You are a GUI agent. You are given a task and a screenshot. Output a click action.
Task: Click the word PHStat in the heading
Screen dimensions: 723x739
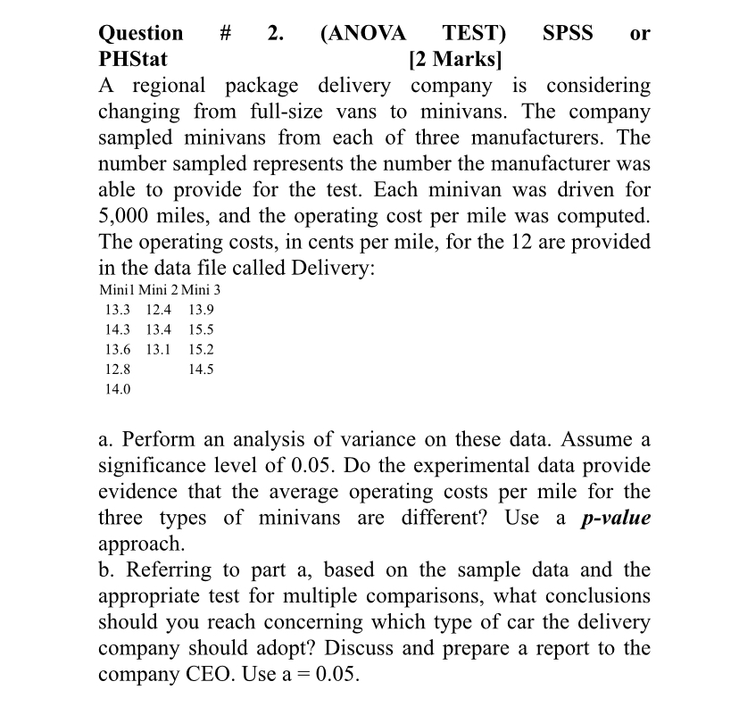click(x=132, y=61)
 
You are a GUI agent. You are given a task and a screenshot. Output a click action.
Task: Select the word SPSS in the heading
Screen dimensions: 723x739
click(x=567, y=34)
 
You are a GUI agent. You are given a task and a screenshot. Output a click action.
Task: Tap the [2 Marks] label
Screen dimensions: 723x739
click(x=454, y=61)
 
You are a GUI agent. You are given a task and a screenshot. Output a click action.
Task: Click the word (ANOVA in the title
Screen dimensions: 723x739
click(x=362, y=34)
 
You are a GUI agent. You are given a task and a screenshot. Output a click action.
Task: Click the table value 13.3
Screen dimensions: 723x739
click(x=117, y=310)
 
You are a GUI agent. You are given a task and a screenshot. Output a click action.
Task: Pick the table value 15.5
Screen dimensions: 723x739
click(x=201, y=329)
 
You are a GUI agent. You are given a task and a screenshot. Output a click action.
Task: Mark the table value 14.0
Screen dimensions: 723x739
click(x=117, y=389)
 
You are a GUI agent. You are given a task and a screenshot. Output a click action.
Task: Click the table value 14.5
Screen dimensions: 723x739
click(x=201, y=369)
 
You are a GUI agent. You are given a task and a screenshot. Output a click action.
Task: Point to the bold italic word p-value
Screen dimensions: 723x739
click(x=615, y=518)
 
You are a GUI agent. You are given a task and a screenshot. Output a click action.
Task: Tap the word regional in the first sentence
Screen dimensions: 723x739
click(x=172, y=87)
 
